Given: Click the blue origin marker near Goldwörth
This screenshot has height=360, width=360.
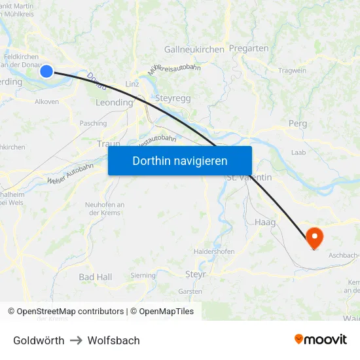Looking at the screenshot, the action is tap(46, 71).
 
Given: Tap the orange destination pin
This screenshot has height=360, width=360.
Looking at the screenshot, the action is tap(314, 237).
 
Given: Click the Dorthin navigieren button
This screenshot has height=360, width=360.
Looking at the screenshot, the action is tap(180, 160).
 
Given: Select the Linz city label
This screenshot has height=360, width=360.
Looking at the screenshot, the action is tap(132, 84).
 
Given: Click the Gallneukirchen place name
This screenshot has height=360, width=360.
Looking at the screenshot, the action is tap(194, 49).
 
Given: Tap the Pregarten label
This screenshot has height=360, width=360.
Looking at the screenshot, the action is tap(248, 48).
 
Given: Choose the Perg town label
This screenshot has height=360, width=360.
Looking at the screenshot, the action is tap(297, 123).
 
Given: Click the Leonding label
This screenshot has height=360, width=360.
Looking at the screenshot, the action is tap(114, 102).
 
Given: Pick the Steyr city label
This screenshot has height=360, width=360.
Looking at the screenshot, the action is tap(195, 274).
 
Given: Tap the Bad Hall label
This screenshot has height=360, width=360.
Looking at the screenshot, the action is tap(95, 277).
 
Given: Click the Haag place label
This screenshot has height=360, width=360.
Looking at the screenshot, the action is tap(265, 223).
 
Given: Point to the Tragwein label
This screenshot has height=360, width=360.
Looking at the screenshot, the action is tap(292, 71).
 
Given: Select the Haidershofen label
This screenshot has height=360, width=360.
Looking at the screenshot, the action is tap(214, 251).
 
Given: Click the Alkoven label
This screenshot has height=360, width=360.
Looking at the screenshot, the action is tap(46, 101).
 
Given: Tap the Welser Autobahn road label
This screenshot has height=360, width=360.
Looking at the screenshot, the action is tap(70, 173).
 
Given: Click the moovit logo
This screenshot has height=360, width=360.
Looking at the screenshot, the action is tap(321, 339).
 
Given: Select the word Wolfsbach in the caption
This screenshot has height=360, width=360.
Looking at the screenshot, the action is tap(113, 340).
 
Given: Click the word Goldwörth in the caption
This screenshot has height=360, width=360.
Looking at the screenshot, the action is tap(39, 340).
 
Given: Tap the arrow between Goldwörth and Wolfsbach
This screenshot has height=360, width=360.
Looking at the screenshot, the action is tap(76, 340).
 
